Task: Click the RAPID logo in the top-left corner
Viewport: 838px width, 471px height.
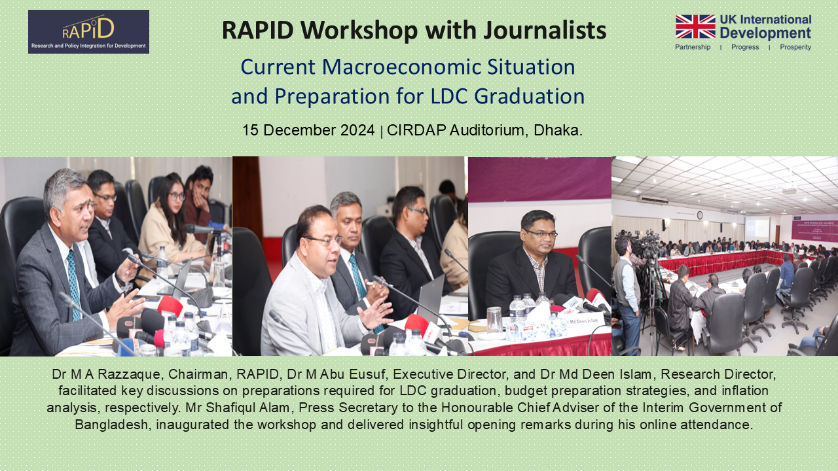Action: point(88,31)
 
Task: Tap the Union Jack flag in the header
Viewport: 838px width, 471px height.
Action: point(695,27)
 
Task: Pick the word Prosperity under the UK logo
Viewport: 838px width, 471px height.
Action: point(795,47)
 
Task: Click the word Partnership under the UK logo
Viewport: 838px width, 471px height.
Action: point(693,47)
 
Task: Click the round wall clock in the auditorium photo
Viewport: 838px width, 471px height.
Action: point(699,215)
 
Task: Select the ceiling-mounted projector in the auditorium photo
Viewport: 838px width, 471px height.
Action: point(790,190)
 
